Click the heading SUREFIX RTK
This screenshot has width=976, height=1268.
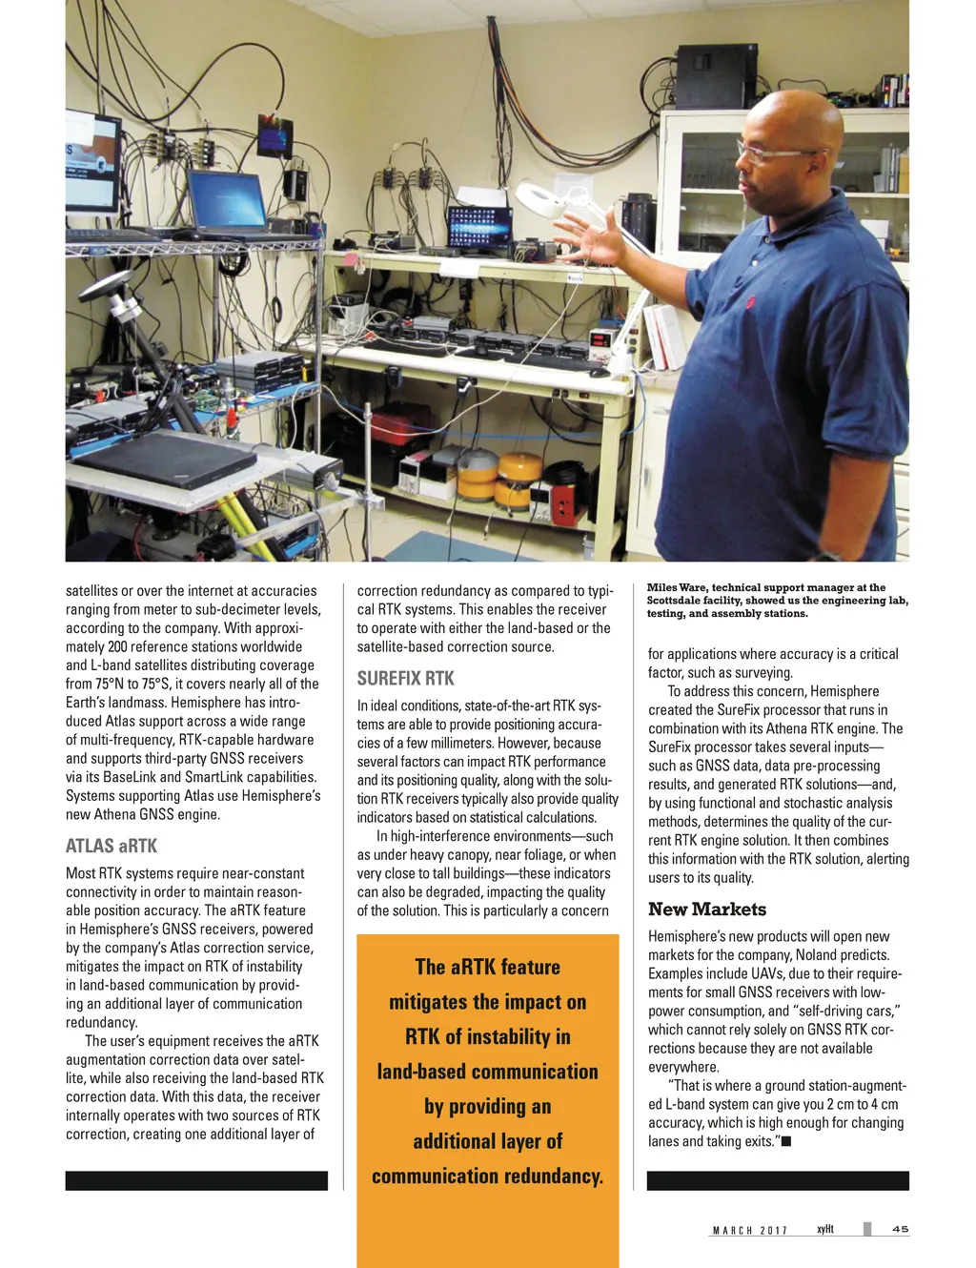point(405,679)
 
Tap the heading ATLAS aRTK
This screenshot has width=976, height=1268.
point(112,846)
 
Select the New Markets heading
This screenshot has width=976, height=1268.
point(707,910)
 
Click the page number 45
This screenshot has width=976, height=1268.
point(900,1229)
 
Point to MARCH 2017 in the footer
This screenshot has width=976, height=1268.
point(750,1231)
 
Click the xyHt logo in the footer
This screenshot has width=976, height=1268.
point(825,1229)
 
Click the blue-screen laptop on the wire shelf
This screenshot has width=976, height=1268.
point(227,201)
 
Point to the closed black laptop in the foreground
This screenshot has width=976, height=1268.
point(164,460)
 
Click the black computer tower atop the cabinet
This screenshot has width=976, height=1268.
point(716,76)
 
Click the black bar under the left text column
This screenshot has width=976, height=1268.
point(196,1180)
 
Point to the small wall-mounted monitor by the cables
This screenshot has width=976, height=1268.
point(274,136)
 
